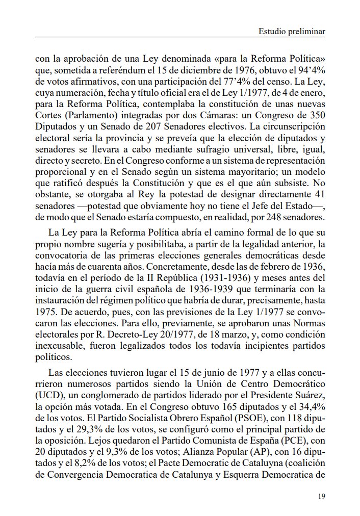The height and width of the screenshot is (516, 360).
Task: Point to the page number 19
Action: point(321,496)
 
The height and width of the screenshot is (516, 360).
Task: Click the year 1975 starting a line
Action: point(45,311)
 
